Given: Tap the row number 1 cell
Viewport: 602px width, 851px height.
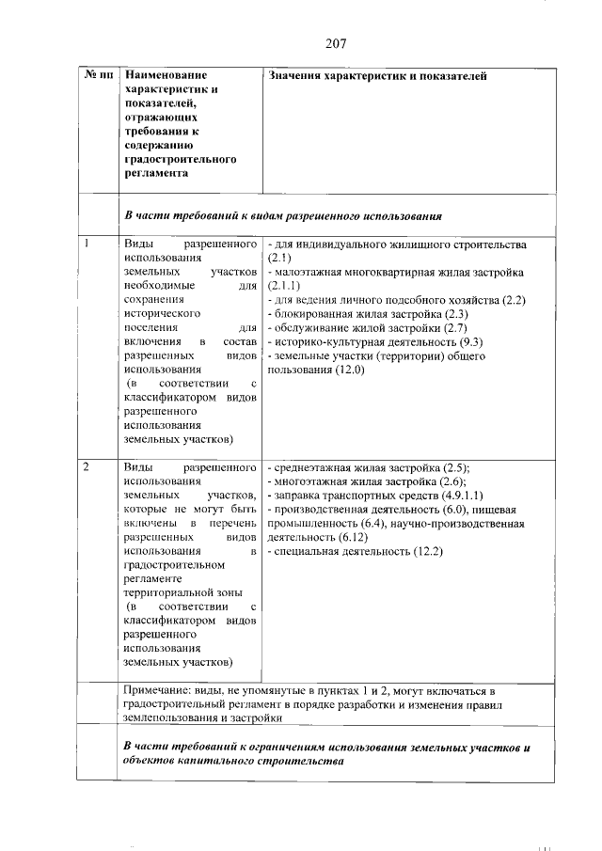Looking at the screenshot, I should coord(87,244).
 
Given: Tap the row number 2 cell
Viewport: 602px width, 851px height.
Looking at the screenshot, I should coord(87,466).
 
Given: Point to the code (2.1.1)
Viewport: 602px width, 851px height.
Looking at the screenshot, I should coord(284,285).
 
